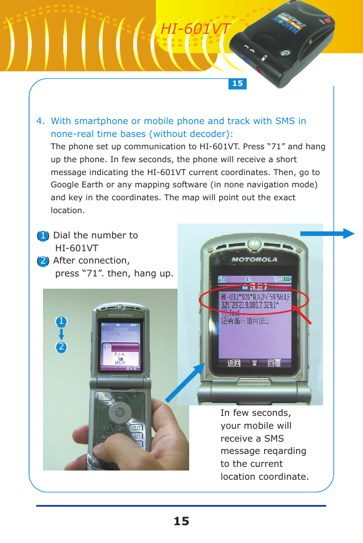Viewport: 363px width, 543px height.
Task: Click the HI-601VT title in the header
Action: pos(195,29)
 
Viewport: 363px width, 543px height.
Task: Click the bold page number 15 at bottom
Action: pos(181,522)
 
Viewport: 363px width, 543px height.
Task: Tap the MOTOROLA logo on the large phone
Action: pos(254,259)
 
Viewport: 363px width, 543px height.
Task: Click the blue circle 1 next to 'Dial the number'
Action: pos(42,235)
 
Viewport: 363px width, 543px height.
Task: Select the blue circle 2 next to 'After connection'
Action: pos(42,260)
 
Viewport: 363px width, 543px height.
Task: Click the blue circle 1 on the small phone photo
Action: pos(61,321)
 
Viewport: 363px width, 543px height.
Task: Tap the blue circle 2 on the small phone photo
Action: pos(61,347)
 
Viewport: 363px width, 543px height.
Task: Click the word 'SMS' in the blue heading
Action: pos(285,121)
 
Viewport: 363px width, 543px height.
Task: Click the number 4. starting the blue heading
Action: pos(40,121)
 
